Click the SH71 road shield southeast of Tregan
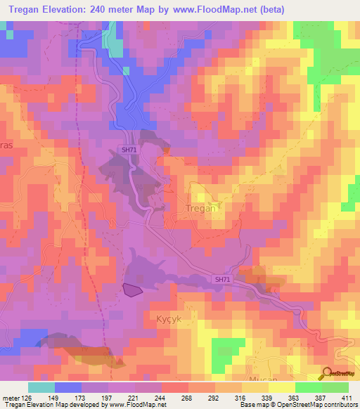click(x=223, y=280)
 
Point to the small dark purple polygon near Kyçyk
click(x=133, y=288)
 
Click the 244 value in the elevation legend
click(x=162, y=396)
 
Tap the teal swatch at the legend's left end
click(x=41, y=387)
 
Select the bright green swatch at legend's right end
click(x=335, y=387)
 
